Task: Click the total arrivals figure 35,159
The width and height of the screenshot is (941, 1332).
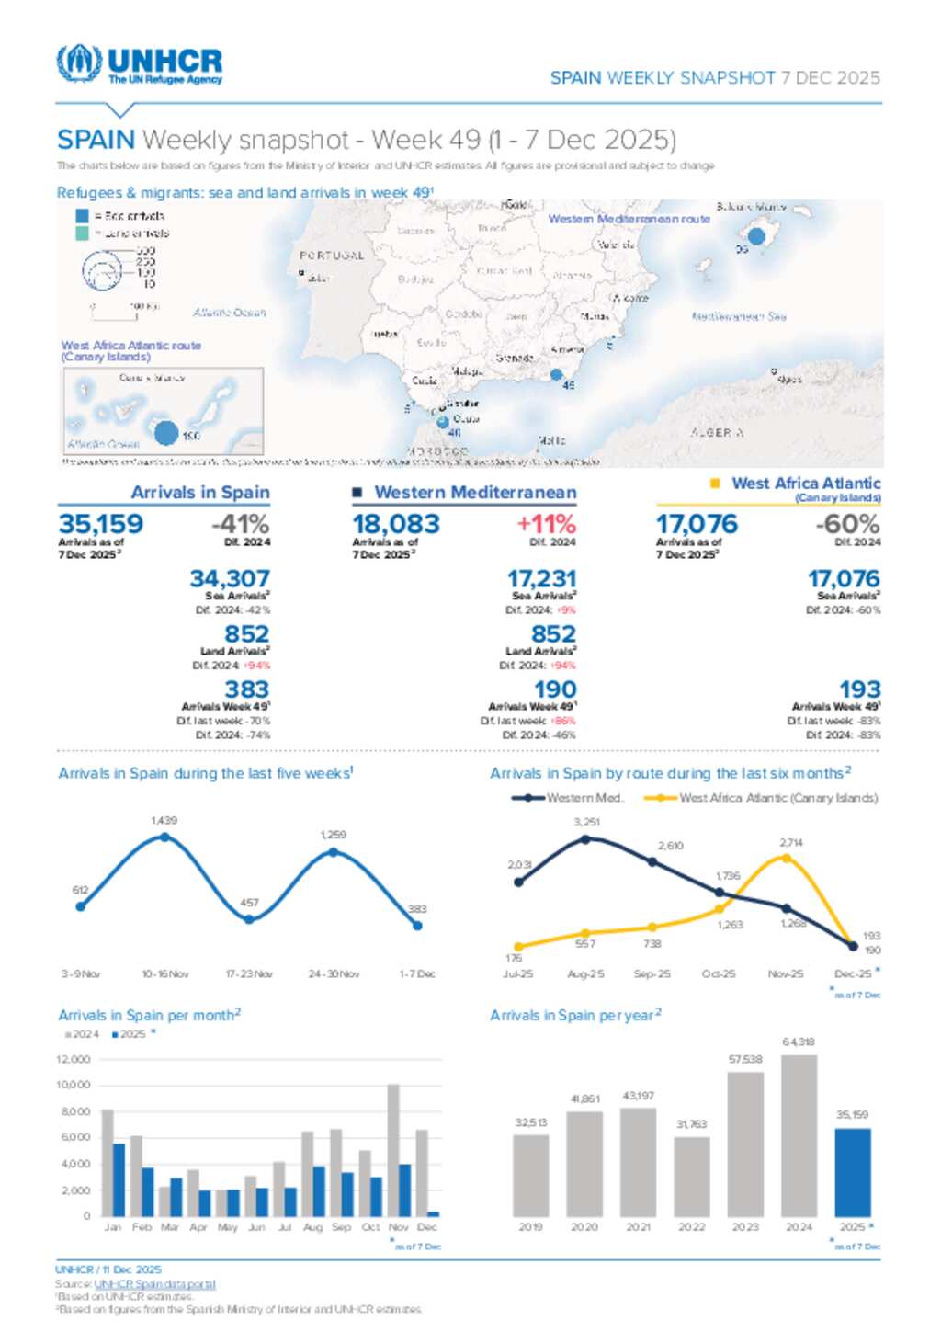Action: click(x=101, y=524)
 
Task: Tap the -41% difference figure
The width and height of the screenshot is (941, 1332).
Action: click(x=240, y=525)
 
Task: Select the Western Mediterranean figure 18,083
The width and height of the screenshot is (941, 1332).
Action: click(x=396, y=524)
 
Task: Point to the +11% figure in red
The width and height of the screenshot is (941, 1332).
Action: click(x=546, y=524)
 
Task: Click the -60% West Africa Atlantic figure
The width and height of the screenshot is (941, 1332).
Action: click(x=847, y=524)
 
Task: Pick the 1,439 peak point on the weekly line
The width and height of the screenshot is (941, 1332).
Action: click(x=164, y=837)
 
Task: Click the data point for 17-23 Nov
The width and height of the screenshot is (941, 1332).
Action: click(x=249, y=918)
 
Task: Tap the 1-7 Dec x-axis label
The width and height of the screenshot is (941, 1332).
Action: click(x=416, y=973)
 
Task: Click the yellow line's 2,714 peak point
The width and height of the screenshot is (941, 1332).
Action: click(x=786, y=858)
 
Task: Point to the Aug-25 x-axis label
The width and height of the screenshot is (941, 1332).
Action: click(x=585, y=973)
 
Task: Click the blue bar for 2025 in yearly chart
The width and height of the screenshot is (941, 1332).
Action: click(x=852, y=1172)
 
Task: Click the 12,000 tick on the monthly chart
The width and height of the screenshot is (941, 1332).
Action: click(x=74, y=1059)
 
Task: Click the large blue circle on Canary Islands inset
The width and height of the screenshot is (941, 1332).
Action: click(x=166, y=432)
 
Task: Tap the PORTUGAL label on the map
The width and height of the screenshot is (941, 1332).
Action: click(x=332, y=256)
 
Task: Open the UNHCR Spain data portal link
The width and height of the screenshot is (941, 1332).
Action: click(x=154, y=1283)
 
